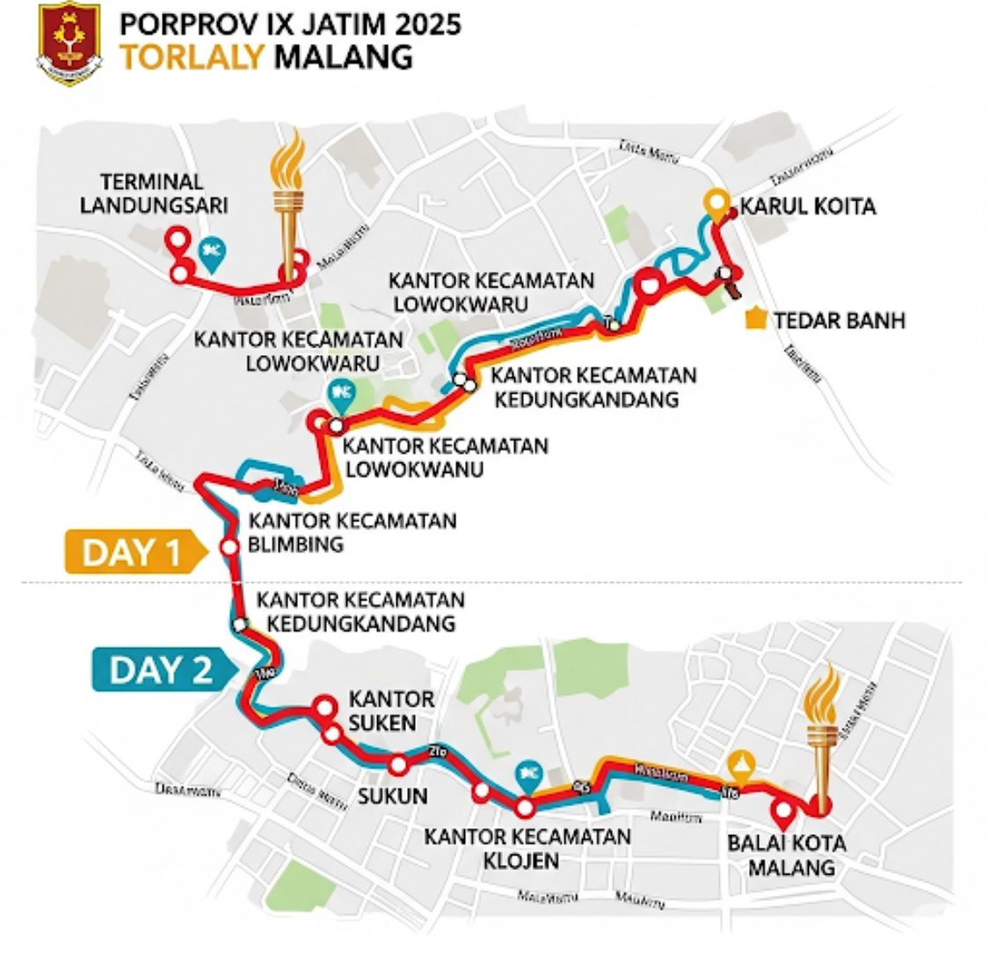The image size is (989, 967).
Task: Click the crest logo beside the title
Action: (x=69, y=45)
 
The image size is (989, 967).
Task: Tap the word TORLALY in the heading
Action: (x=192, y=57)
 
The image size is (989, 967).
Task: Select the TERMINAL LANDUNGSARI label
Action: (x=154, y=193)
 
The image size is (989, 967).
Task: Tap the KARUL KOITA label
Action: (x=808, y=207)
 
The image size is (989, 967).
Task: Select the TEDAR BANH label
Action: (x=839, y=320)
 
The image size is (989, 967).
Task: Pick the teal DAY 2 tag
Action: (x=162, y=670)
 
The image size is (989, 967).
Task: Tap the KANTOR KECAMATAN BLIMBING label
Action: (x=352, y=532)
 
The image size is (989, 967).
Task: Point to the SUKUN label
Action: (x=393, y=796)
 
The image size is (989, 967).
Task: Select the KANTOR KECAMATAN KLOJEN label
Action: (x=527, y=847)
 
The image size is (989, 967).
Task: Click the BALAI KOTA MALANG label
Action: (x=787, y=854)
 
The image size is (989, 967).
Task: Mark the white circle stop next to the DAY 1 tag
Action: (x=229, y=547)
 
